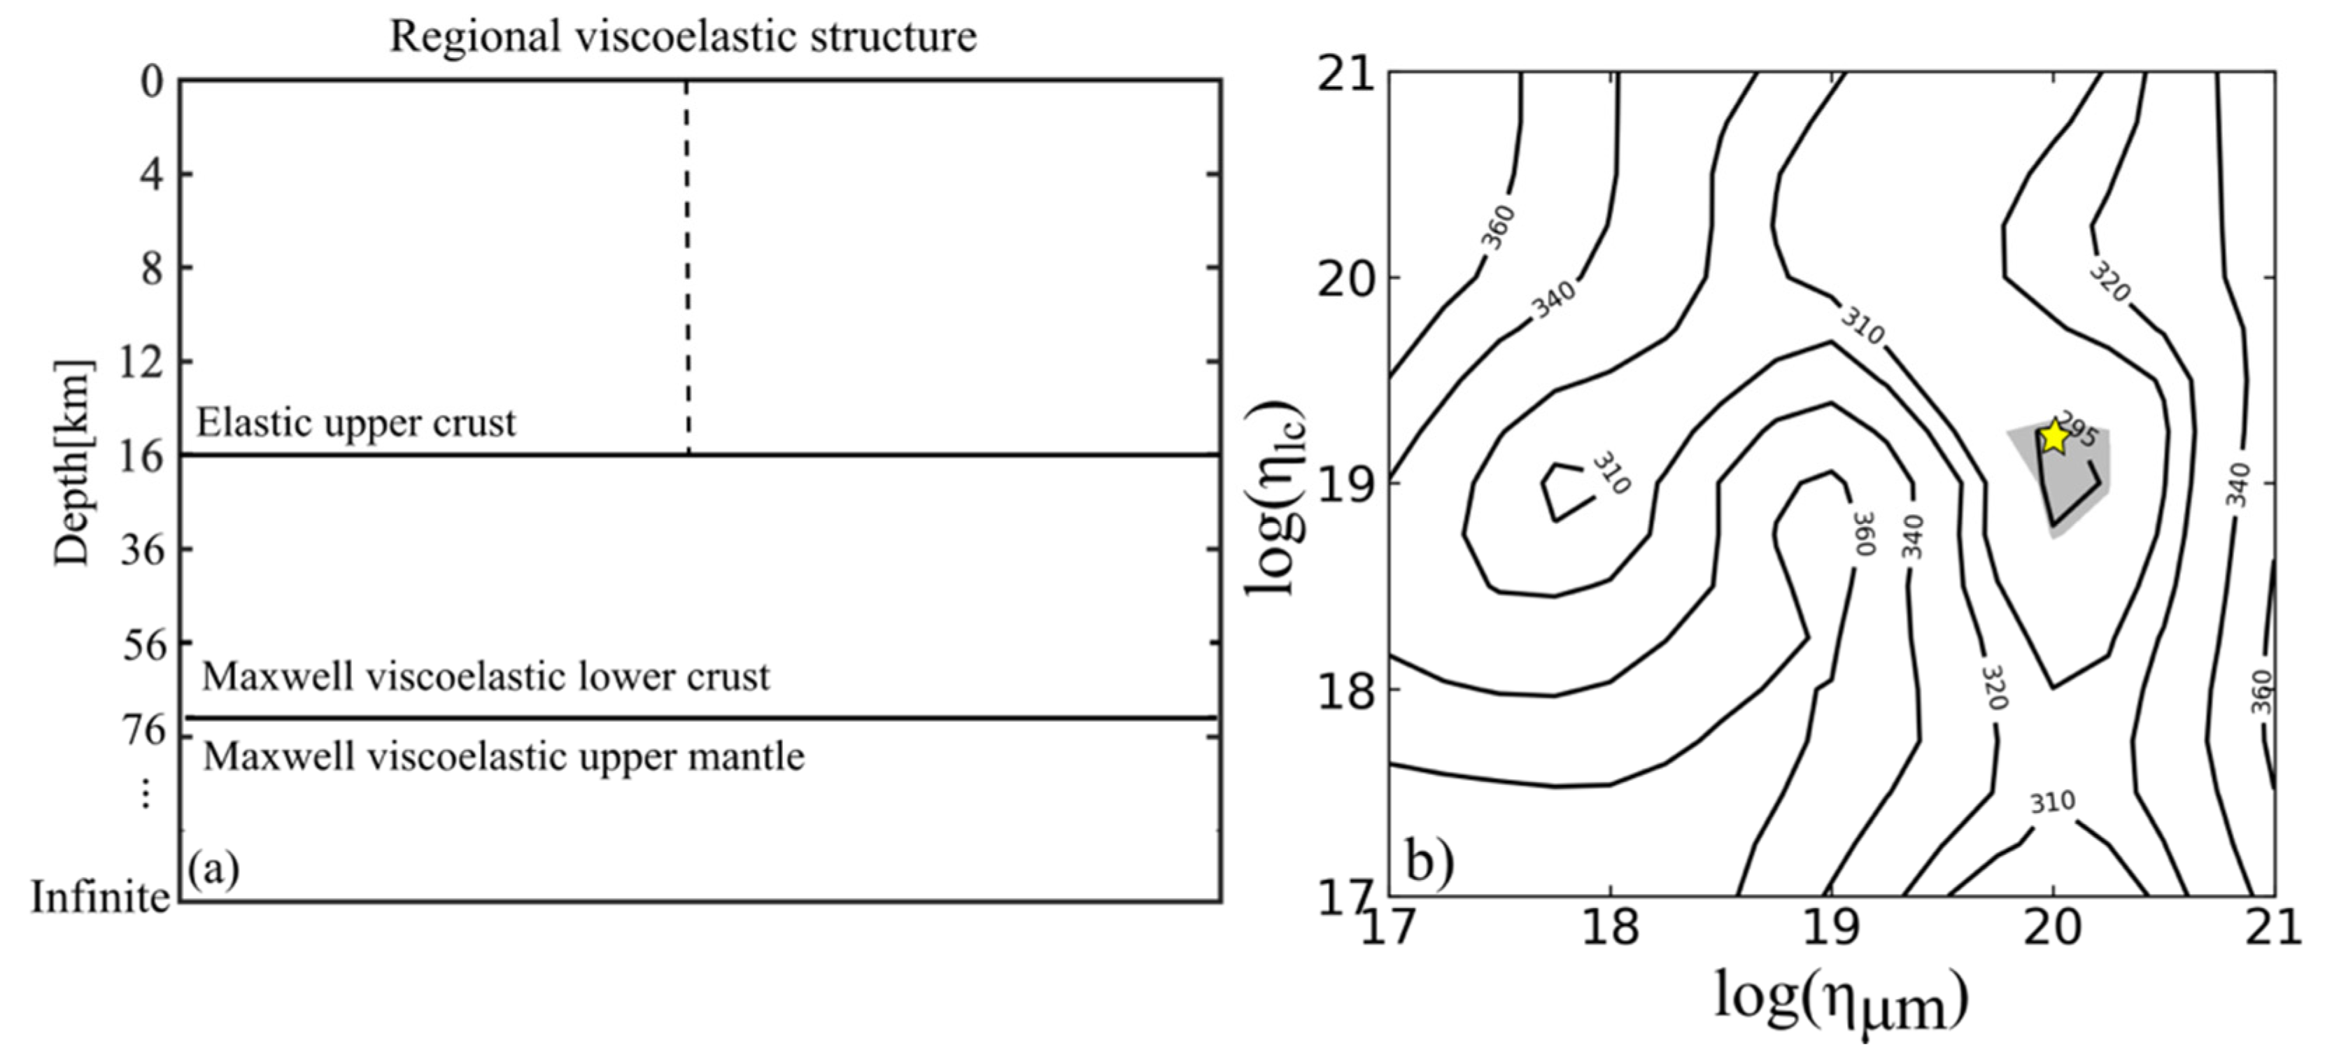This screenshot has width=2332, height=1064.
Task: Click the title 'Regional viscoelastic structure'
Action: click(x=684, y=37)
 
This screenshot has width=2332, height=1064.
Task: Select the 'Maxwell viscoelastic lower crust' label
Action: click(x=486, y=676)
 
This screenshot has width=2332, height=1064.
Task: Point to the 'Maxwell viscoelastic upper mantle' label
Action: click(x=503, y=756)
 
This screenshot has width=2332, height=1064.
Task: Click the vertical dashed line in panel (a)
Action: click(x=686, y=271)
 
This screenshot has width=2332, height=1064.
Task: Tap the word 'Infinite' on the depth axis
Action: click(x=99, y=898)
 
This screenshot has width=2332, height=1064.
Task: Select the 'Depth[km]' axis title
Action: click(x=73, y=462)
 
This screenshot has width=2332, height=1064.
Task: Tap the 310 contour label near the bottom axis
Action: click(x=2051, y=802)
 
